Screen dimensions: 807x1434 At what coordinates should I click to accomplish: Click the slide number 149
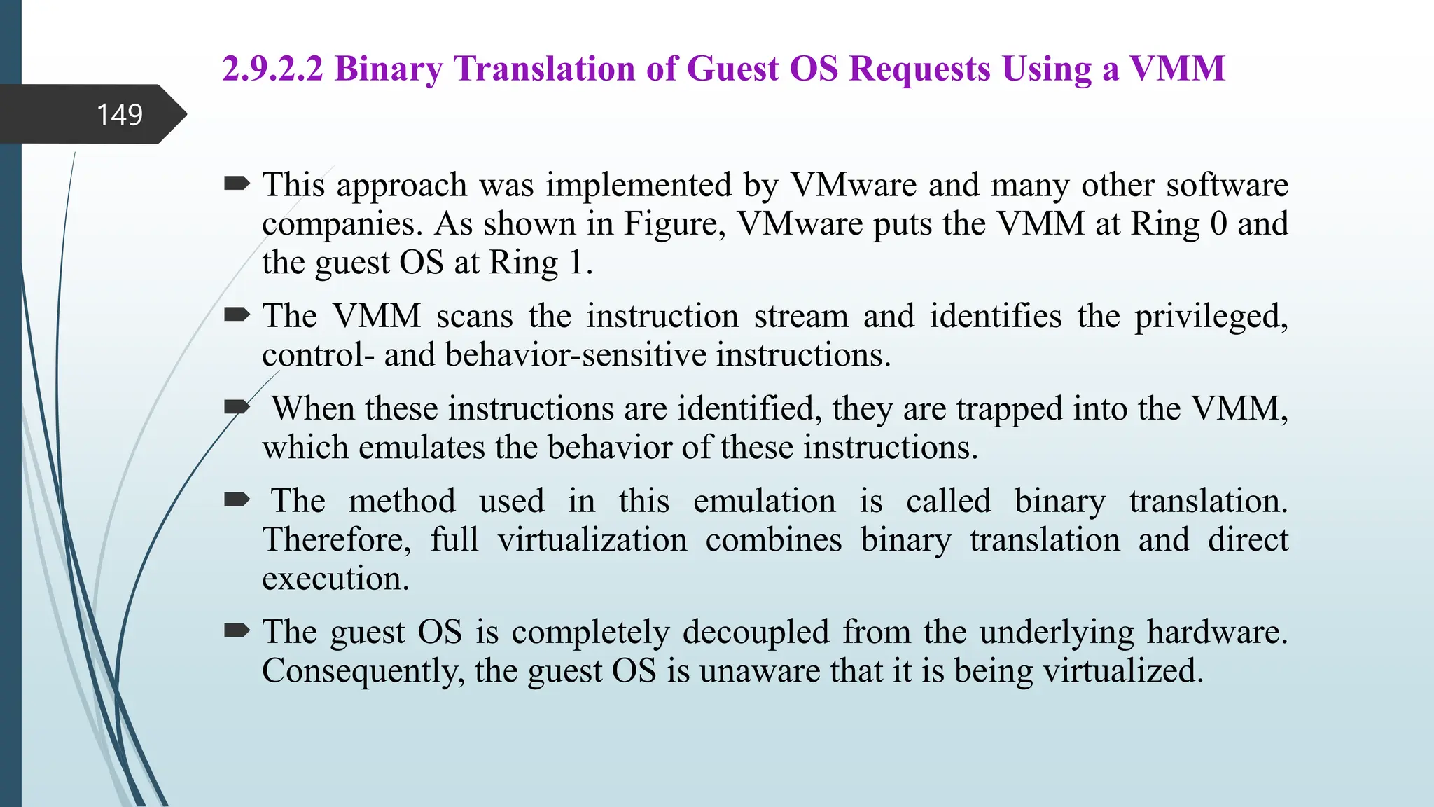(119, 115)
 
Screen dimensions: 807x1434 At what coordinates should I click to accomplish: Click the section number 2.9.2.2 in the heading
(273, 69)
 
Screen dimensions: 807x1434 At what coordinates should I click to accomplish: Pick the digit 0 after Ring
(1218, 224)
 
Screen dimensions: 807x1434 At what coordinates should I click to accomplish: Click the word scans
(475, 317)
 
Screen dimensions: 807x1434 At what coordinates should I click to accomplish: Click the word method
(402, 502)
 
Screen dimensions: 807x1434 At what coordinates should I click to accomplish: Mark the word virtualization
(592, 540)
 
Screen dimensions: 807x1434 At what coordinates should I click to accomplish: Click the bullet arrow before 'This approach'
(237, 184)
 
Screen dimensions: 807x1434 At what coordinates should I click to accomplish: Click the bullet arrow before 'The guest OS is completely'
(237, 631)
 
